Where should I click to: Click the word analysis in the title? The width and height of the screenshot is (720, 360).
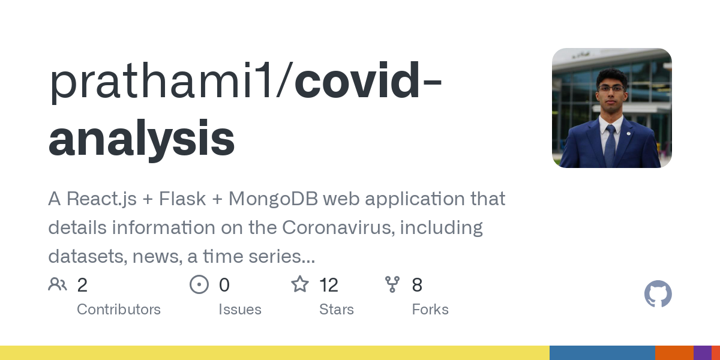(141, 139)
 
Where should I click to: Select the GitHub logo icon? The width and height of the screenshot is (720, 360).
(658, 294)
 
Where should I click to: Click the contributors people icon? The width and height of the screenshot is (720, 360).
(58, 284)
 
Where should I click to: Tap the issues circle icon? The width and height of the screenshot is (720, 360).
(199, 284)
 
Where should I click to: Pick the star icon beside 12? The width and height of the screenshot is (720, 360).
(300, 284)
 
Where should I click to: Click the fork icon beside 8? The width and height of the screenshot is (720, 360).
(392, 284)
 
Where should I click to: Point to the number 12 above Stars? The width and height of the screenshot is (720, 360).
(329, 285)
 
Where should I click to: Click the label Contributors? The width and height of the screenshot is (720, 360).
(119, 310)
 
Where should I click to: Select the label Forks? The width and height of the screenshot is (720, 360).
(430, 310)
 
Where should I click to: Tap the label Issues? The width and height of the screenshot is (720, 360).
(240, 310)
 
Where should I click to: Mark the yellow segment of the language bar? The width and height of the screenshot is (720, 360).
(275, 353)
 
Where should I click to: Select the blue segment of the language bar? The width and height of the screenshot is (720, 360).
(602, 353)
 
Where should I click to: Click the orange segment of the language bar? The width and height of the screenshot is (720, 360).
(674, 353)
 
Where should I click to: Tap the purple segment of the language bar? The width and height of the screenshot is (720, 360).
(702, 353)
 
